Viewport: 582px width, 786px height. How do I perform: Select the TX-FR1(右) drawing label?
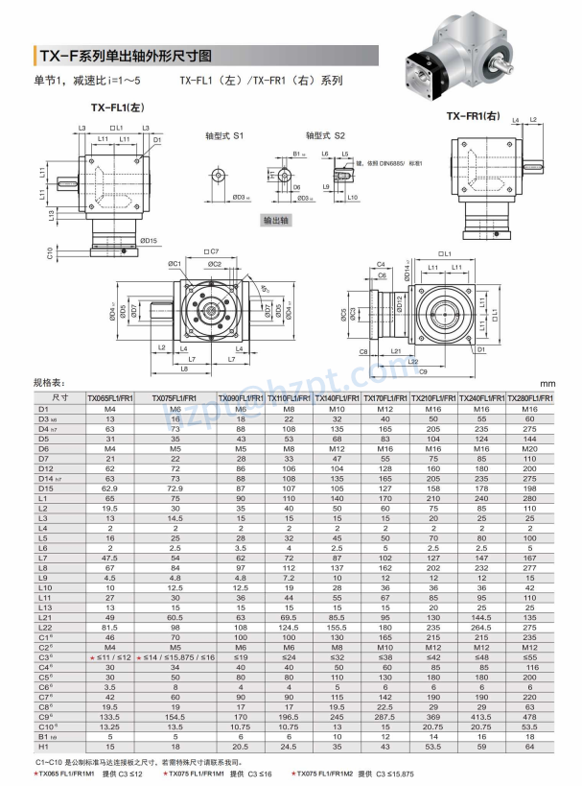coord(474,116)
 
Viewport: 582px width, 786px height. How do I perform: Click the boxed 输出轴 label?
coord(276,220)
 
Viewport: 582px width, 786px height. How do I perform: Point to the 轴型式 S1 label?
coord(226,136)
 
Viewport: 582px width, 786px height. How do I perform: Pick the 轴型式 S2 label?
coord(326,136)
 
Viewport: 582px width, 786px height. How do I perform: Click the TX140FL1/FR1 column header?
coord(337,396)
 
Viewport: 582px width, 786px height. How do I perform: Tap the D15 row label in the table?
coord(44,489)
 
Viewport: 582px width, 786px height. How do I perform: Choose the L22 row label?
coord(44,627)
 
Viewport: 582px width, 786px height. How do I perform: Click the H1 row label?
coord(44,745)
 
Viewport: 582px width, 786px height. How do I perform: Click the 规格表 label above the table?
coord(50,382)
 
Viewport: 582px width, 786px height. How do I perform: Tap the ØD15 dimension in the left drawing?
coord(149,240)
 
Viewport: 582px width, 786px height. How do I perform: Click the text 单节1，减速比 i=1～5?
coord(87,81)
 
